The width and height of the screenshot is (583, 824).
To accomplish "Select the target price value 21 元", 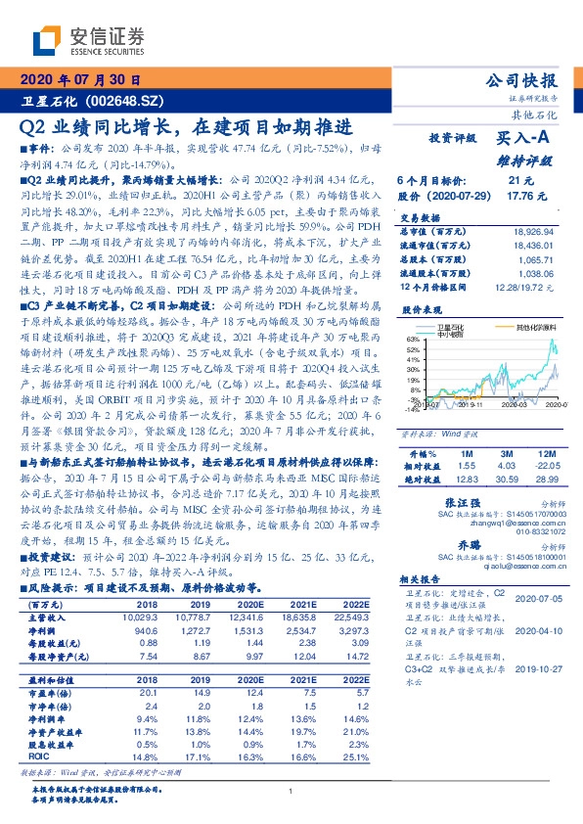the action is pyautogui.click(x=520, y=181).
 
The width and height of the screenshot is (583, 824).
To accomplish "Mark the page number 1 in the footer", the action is pyautogui.click(x=291, y=793).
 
